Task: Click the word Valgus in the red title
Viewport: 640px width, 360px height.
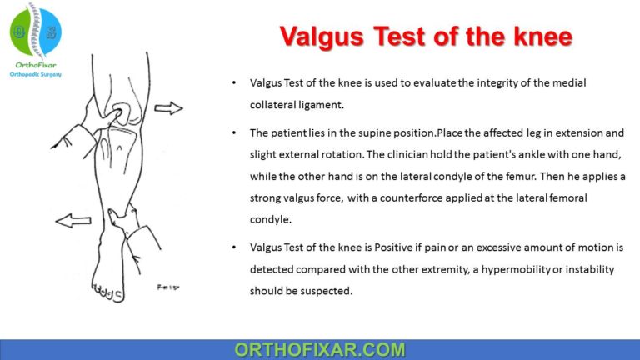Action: pyautogui.click(x=322, y=36)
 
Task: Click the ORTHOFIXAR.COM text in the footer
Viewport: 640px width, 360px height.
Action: pyautogui.click(x=319, y=349)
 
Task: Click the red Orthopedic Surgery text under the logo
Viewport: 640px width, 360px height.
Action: pyautogui.click(x=36, y=73)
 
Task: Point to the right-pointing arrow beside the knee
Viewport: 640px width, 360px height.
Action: pyautogui.click(x=168, y=107)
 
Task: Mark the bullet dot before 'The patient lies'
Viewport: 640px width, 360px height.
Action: pyautogui.click(x=233, y=133)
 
